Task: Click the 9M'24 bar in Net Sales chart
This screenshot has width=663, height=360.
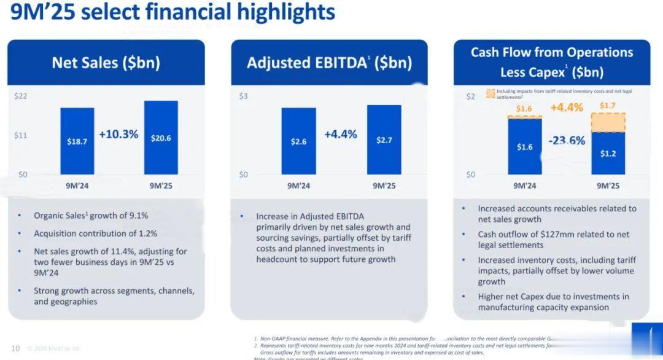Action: (77, 141)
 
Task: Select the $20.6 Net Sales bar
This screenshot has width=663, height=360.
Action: (161, 138)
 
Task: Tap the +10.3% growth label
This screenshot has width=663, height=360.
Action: (118, 134)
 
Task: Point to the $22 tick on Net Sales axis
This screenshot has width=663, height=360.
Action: (21, 96)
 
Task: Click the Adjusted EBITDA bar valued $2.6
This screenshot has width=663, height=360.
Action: (299, 141)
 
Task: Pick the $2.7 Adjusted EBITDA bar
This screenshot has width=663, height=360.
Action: (384, 139)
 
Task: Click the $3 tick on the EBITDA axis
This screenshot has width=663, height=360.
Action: (244, 96)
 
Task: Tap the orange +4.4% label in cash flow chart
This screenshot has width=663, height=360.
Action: (566, 108)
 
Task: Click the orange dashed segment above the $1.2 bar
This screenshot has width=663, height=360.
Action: (608, 122)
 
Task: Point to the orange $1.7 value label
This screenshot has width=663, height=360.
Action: (608, 106)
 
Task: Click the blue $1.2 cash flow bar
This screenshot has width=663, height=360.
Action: (608, 153)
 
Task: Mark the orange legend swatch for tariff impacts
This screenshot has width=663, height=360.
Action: (490, 93)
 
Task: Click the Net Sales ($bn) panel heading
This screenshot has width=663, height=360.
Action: (106, 63)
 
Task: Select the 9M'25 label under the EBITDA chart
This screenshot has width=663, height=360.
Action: (384, 185)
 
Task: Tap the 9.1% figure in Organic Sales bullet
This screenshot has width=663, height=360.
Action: (136, 216)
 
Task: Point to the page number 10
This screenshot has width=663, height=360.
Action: (15, 348)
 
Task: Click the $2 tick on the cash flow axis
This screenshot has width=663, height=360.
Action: (470, 96)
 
